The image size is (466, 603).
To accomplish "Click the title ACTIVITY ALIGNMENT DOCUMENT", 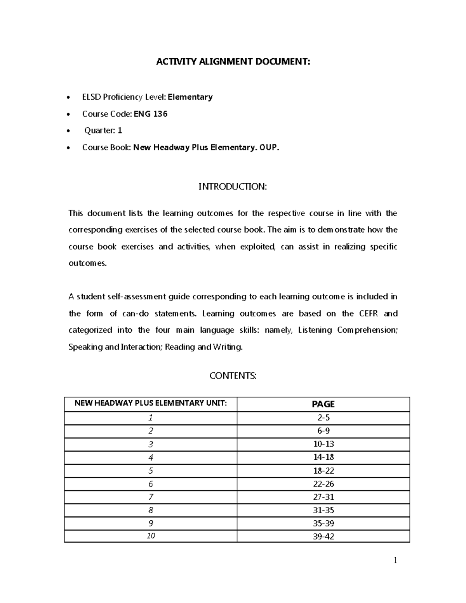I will (x=233, y=62).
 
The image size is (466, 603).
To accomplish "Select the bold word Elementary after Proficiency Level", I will (x=190, y=97).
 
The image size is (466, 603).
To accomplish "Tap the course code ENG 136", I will (x=151, y=114).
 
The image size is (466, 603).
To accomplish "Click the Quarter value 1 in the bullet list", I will (x=120, y=130).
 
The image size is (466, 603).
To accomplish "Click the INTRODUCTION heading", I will (x=233, y=187).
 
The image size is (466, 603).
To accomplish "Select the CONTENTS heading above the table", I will (x=233, y=376).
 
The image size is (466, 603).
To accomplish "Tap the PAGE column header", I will (x=323, y=404).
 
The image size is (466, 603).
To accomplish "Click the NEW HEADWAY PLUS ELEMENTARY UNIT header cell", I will (x=151, y=403).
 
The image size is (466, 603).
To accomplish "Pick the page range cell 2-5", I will (x=323, y=418).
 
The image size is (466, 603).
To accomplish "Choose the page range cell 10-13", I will (x=323, y=444).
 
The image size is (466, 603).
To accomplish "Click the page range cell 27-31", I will (x=323, y=497).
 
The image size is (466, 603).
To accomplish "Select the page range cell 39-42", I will (x=323, y=537).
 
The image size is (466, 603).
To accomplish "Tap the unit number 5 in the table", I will (x=151, y=471).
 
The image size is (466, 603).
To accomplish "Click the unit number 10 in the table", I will (x=151, y=536).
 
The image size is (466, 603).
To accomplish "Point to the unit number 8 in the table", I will (x=151, y=510).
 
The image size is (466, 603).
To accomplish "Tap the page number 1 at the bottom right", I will (x=395, y=560).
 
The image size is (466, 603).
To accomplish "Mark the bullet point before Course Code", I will (x=69, y=115).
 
